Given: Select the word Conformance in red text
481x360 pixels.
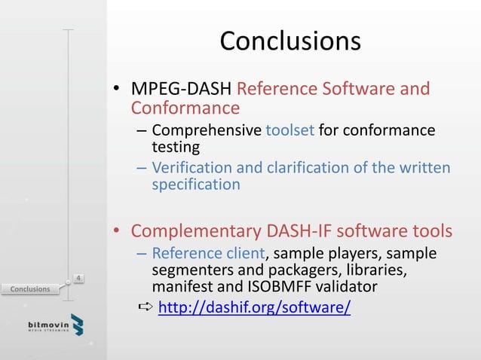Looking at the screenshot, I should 185,110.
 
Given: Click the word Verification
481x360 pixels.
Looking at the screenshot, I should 192,167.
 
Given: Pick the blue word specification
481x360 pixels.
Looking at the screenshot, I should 195,185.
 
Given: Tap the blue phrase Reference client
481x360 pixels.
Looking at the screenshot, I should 207,253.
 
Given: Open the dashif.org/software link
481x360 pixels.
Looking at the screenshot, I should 254,308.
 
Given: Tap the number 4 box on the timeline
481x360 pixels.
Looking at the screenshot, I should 78,279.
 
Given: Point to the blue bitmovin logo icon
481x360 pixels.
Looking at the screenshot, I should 77,325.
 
